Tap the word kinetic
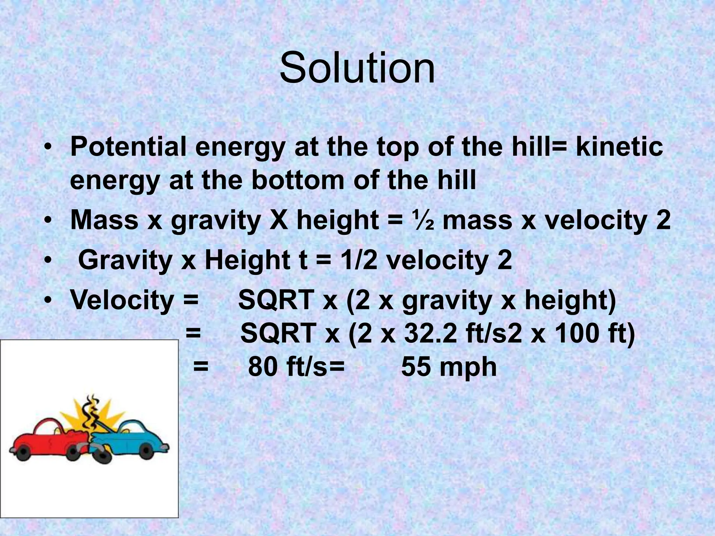pyautogui.click(x=619, y=147)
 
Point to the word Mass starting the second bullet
pyautogui.click(x=104, y=220)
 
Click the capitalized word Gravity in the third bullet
pyautogui.click(x=125, y=261)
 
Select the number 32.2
pyautogui.click(x=430, y=333)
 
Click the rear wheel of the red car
pyautogui.click(x=24, y=452)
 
